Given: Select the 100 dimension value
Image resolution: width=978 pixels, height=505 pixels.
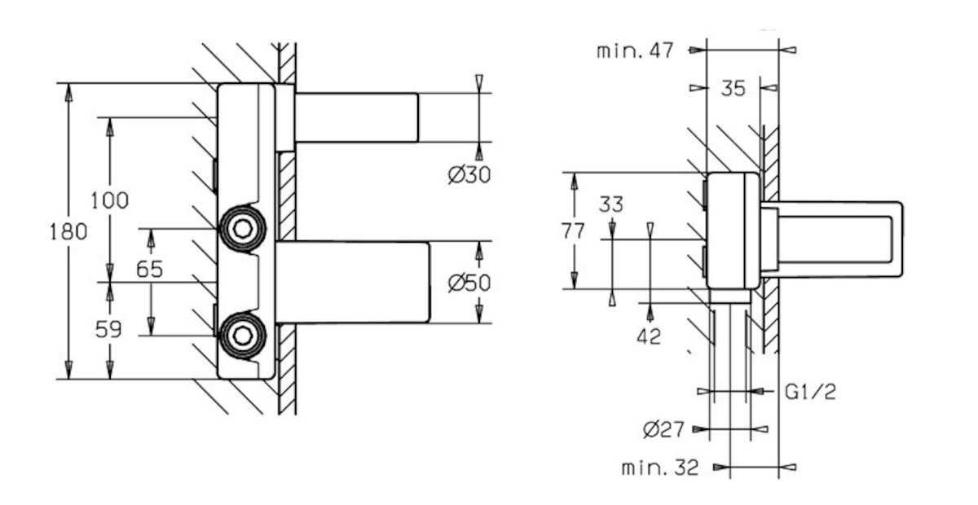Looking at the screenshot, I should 109,200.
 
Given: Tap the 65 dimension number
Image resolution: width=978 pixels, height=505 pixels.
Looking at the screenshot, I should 149,270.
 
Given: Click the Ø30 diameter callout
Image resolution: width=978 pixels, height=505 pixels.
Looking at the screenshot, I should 469,174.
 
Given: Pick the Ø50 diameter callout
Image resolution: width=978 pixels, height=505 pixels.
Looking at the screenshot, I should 469,283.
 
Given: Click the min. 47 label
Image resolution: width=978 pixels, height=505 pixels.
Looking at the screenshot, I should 635,50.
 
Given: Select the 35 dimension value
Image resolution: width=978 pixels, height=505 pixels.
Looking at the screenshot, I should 733,89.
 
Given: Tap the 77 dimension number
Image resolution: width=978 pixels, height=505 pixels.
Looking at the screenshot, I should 573,231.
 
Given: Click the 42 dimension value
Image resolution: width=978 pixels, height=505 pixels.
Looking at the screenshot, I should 649,336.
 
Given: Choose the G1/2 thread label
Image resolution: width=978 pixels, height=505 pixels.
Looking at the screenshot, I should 810,392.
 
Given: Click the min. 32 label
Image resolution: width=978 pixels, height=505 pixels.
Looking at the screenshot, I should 660,468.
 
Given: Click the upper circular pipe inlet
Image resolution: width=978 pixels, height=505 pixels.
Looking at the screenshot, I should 241,228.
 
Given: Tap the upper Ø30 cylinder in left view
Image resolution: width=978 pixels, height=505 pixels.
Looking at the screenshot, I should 356,118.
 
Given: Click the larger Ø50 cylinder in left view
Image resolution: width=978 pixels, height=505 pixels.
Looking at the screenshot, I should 352,282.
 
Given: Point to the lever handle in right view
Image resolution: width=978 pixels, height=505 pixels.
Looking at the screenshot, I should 839,239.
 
